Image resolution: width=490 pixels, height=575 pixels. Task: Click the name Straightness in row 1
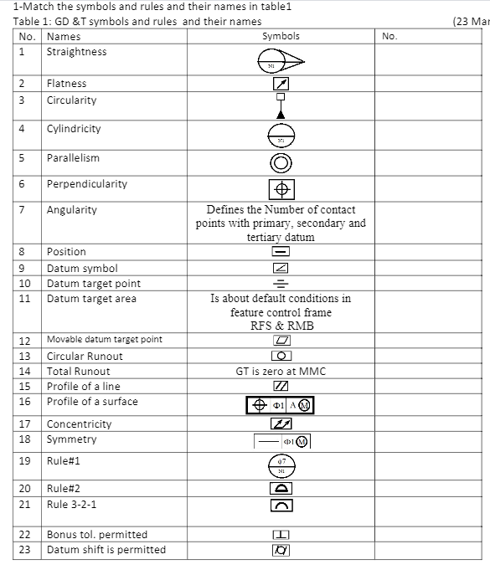click(x=76, y=52)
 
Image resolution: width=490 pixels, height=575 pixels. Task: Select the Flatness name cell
click(x=66, y=84)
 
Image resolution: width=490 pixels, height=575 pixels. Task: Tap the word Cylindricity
click(x=74, y=129)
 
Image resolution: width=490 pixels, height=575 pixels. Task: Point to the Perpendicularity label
click(x=86, y=184)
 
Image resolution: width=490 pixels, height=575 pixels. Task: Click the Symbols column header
click(x=281, y=37)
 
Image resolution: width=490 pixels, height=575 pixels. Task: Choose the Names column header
click(x=64, y=37)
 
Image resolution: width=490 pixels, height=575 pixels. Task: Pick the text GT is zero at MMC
click(x=281, y=371)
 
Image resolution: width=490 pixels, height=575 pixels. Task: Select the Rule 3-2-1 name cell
click(x=71, y=505)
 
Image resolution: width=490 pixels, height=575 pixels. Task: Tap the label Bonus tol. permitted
click(x=96, y=535)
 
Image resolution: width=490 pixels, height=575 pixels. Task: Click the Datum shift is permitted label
click(x=106, y=550)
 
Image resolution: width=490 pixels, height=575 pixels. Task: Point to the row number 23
click(x=25, y=550)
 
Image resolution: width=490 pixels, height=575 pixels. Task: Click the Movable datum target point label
click(x=104, y=340)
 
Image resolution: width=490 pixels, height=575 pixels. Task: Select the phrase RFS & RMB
click(x=281, y=326)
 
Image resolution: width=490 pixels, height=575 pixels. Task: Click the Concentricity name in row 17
click(x=79, y=424)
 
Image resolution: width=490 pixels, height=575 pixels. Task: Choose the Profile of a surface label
click(x=92, y=402)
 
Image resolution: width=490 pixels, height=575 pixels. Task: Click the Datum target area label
click(x=91, y=299)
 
